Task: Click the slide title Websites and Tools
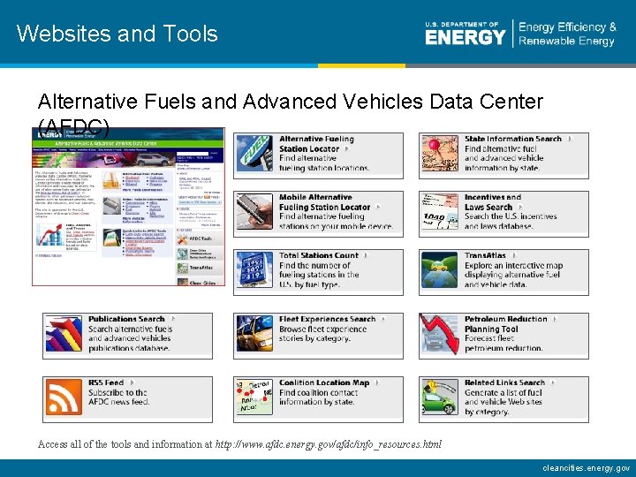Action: point(117,34)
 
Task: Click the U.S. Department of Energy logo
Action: point(465,34)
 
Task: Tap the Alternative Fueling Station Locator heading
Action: point(316,144)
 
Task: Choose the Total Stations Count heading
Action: point(319,255)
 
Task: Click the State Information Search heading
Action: point(513,139)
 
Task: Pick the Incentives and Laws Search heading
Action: point(493,202)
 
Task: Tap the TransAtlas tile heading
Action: point(486,255)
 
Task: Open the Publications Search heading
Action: point(126,319)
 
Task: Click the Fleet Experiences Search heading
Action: point(328,319)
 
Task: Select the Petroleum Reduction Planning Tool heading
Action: point(505,324)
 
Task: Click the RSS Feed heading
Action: point(106,382)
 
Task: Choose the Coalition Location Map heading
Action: point(324,382)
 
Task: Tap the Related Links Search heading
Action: point(504,382)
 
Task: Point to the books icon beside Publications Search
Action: point(64,336)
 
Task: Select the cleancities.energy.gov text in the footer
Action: point(586,467)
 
